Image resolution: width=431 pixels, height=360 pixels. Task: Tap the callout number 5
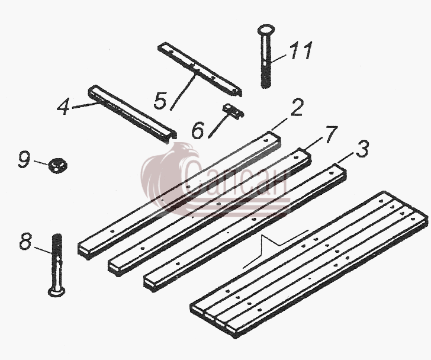(x=160, y=101)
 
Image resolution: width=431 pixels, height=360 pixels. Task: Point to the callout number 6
(x=198, y=130)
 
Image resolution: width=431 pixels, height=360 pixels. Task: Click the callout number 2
(x=296, y=107)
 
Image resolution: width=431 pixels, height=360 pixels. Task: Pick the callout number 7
(x=331, y=134)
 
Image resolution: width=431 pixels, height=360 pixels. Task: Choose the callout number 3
(x=362, y=149)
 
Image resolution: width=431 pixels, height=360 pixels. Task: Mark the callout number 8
(x=25, y=241)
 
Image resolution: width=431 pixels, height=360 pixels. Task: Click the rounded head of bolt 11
(x=266, y=30)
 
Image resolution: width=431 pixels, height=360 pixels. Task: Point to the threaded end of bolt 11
(x=265, y=77)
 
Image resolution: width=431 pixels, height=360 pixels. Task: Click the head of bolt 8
(x=57, y=291)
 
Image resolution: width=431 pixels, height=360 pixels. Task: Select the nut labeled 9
(x=58, y=166)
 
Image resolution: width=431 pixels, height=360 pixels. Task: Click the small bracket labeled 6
(x=233, y=110)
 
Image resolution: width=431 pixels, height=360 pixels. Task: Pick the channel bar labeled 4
(x=133, y=114)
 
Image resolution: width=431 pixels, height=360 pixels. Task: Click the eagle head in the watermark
(x=187, y=154)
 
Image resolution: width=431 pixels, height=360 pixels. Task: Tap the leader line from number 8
(x=43, y=250)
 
